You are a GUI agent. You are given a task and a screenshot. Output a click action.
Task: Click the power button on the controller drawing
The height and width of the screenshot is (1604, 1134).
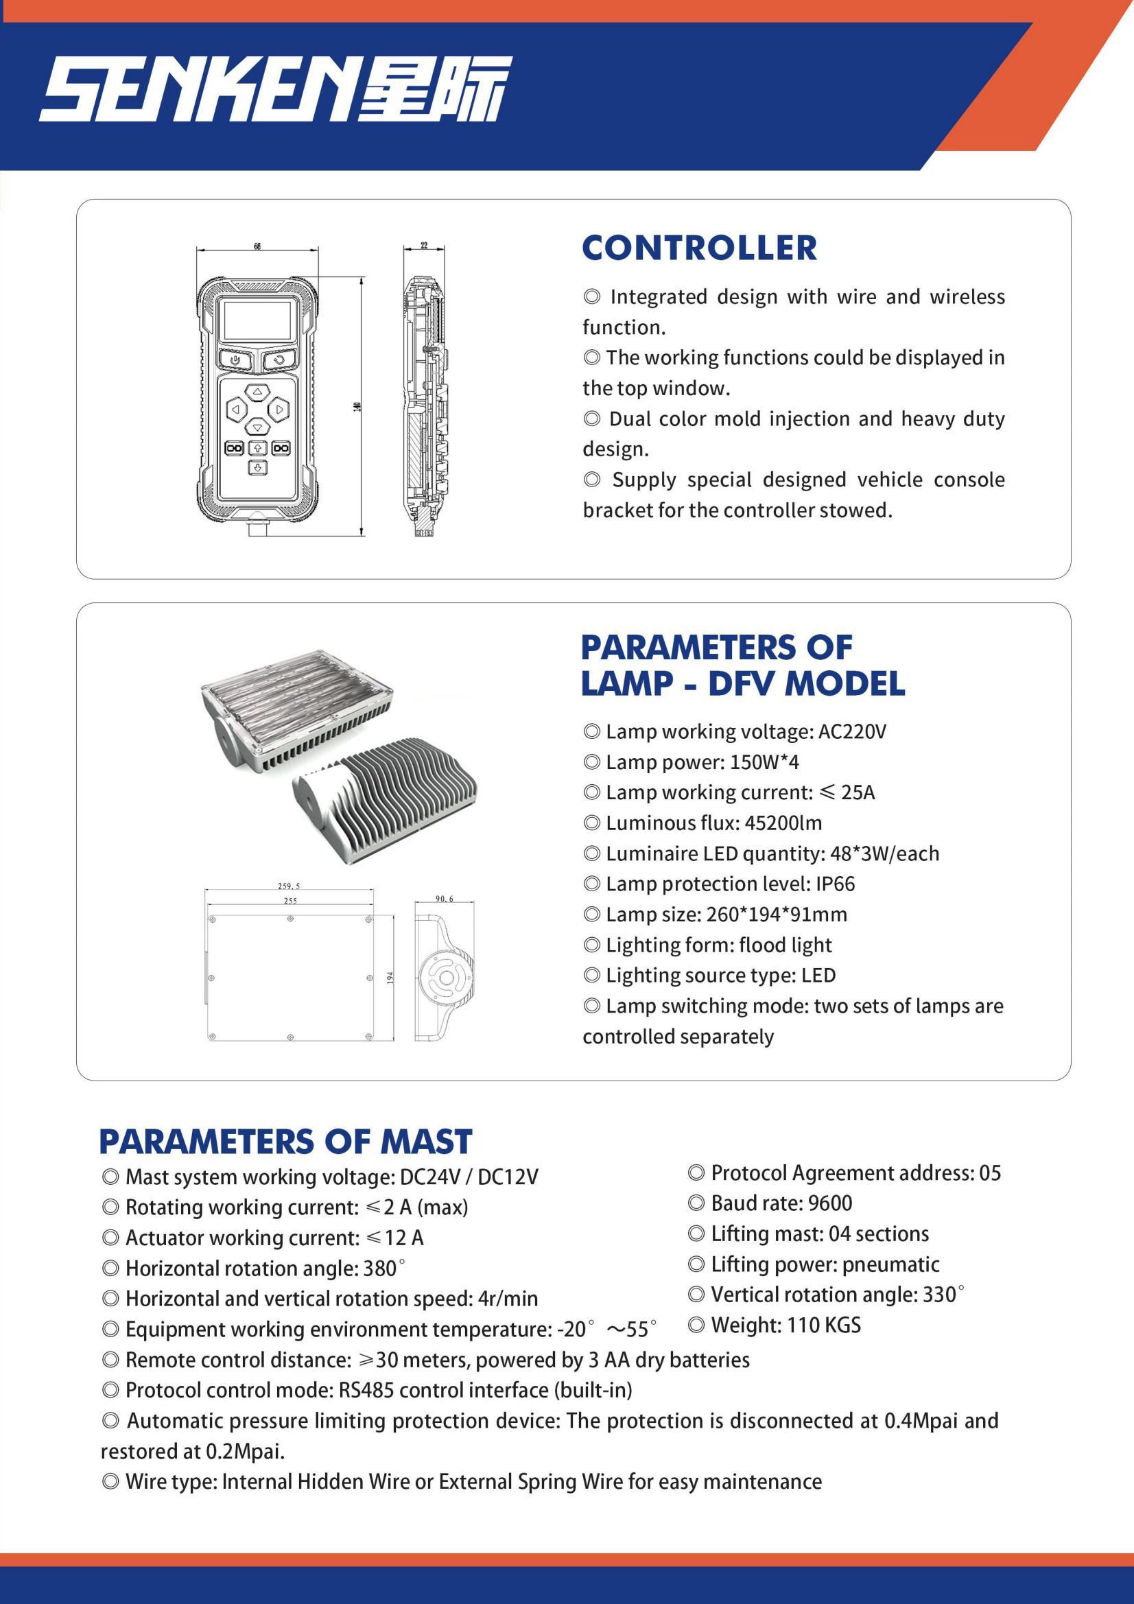[235, 360]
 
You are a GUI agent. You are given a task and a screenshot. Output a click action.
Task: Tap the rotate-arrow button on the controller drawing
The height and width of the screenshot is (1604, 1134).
[279, 360]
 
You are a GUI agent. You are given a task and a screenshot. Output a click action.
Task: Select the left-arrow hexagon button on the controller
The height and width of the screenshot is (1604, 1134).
[235, 410]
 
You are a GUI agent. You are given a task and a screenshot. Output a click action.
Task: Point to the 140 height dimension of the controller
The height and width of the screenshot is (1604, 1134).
[356, 406]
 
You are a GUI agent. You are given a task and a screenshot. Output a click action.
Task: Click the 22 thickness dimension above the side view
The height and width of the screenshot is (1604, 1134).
[424, 245]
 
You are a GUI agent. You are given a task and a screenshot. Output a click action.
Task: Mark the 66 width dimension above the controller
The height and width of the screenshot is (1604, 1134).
[257, 246]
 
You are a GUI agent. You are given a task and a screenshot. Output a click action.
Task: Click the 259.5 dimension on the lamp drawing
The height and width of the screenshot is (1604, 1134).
[289, 886]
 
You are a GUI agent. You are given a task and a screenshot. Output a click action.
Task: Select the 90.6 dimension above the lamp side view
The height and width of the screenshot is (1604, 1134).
[445, 899]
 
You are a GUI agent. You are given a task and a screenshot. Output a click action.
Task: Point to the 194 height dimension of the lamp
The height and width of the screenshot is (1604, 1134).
[390, 978]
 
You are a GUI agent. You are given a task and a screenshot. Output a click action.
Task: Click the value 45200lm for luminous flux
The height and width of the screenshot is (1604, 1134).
[783, 823]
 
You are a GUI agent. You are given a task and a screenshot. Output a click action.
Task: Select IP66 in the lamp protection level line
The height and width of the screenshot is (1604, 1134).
[835, 884]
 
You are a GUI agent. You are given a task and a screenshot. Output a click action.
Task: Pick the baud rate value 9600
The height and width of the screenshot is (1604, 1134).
[830, 1203]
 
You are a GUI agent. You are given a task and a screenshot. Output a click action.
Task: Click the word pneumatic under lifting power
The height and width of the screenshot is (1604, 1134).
[890, 1264]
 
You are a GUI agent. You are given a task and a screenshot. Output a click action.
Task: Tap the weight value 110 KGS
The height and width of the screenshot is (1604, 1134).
[824, 1325]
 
